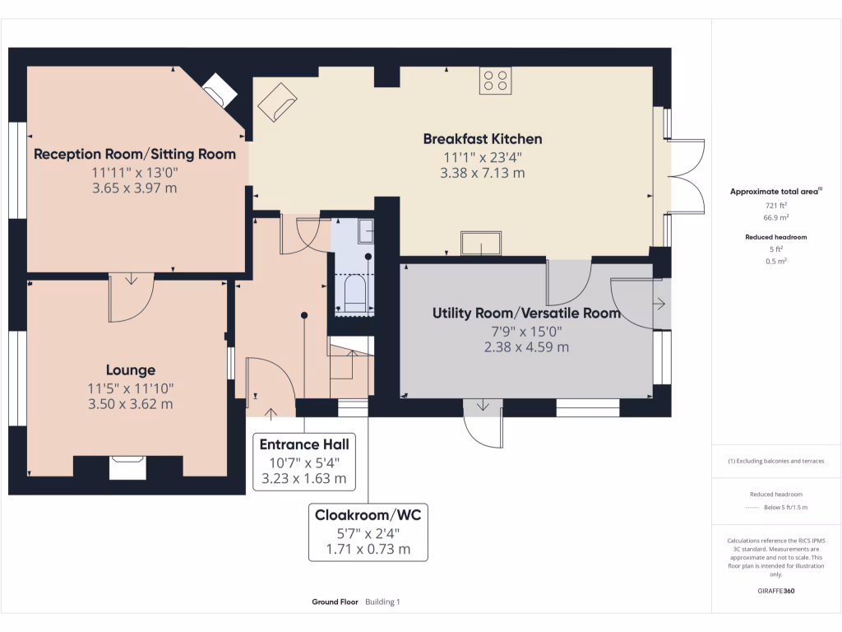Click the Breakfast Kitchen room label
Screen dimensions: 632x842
click(483, 138)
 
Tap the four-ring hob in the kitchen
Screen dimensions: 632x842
click(495, 81)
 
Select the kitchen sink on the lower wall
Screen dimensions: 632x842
click(481, 244)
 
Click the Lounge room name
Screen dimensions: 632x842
click(130, 370)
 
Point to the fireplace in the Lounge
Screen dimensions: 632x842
click(127, 467)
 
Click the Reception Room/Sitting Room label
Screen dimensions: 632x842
click(135, 154)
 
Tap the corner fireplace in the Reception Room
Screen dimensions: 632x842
click(220, 89)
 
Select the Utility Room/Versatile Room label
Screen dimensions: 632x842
click(526, 313)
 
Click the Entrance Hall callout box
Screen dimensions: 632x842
click(304, 461)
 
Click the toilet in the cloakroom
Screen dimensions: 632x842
click(354, 295)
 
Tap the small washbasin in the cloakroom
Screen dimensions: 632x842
click(365, 230)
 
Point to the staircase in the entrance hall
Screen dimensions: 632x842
click(351, 366)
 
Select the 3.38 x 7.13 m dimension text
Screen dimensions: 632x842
click(483, 173)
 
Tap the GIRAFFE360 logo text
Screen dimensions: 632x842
click(776, 591)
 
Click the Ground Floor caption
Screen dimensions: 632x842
click(335, 602)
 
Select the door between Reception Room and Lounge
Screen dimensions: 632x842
click(131, 297)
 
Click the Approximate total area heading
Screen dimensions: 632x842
click(776, 191)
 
